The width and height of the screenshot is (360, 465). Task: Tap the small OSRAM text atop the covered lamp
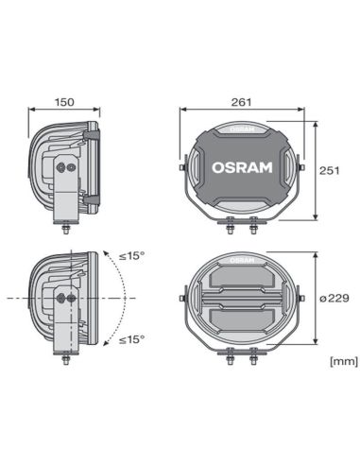click(x=241, y=127)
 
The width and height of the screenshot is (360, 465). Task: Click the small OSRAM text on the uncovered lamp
click(x=241, y=255)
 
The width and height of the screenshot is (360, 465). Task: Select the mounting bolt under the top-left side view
click(x=65, y=228)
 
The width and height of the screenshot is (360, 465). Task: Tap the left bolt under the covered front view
click(x=230, y=224)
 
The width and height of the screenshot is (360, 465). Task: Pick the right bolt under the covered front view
click(x=253, y=224)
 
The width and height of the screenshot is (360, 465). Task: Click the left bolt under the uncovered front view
click(x=230, y=353)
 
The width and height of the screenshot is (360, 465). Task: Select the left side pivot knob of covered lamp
click(x=182, y=168)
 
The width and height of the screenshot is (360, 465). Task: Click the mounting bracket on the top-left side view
click(x=65, y=189)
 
